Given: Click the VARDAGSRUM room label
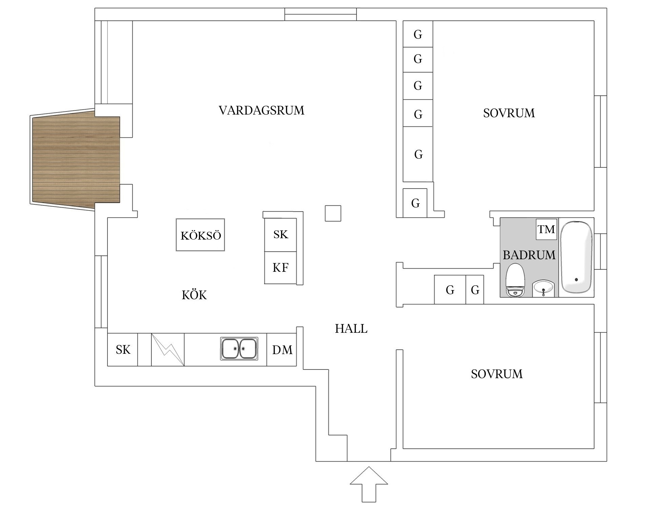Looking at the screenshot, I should (x=261, y=110).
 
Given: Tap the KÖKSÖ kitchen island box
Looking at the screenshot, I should (x=200, y=235).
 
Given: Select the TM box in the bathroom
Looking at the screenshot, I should (x=546, y=229).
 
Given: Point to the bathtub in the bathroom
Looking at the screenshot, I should (x=576, y=257).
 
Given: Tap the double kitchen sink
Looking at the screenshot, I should (x=239, y=348).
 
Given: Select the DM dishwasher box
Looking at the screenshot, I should (x=282, y=350).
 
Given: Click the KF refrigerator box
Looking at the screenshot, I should (x=280, y=268).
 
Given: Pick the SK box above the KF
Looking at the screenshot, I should (x=280, y=234).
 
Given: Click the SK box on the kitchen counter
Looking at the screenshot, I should (x=123, y=350).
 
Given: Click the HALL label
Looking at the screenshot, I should (x=351, y=329).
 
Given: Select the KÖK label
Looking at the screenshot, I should (x=194, y=295).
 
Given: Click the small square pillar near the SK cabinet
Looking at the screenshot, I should (x=333, y=213).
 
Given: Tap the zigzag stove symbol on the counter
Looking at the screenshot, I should (x=168, y=350).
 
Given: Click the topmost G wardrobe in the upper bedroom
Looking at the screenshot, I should (x=418, y=34).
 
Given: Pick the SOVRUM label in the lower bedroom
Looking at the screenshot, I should (x=497, y=374).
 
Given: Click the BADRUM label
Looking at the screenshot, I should (x=529, y=255).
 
